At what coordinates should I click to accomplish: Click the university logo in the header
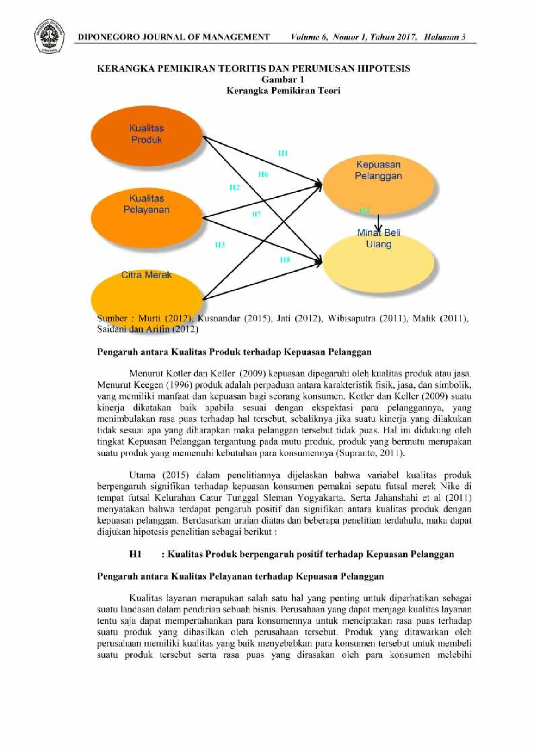pyautogui.click(x=49, y=36)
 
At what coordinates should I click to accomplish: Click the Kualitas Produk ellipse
pyautogui.click(x=146, y=136)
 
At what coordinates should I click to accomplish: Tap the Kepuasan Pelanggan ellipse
pyautogui.click(x=378, y=185)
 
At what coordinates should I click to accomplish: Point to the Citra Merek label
pyautogui.click(x=146, y=275)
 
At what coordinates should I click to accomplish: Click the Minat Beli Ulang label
pyautogui.click(x=379, y=238)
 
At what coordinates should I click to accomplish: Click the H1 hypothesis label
pyautogui.click(x=283, y=153)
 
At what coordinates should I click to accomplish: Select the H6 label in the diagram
pyautogui.click(x=263, y=174)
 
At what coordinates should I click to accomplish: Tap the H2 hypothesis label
pyautogui.click(x=234, y=187)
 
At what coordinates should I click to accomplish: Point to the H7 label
pyautogui.click(x=256, y=214)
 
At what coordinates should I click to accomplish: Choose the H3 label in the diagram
pyautogui.click(x=220, y=245)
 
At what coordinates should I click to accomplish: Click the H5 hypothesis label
pyautogui.click(x=285, y=260)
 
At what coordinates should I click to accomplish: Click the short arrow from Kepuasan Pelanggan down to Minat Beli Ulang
pyautogui.click(x=379, y=223)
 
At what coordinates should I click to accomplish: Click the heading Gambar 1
pyautogui.click(x=283, y=80)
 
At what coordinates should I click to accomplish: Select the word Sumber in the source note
pyautogui.click(x=112, y=319)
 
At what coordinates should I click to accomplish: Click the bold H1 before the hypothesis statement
pyautogui.click(x=135, y=554)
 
